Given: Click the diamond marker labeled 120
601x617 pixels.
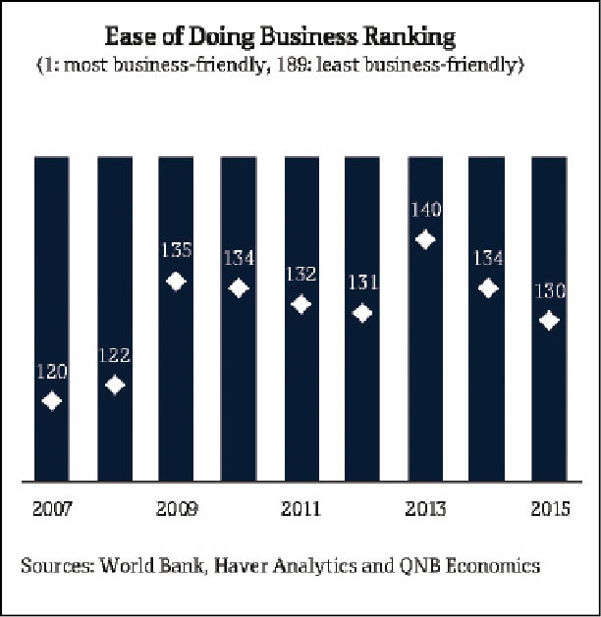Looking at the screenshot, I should [x=53, y=400].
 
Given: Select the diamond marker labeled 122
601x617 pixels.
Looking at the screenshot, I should [x=115, y=385].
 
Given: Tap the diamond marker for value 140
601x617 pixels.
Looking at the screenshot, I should [x=424, y=238].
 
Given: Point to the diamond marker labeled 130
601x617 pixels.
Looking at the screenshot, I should [x=549, y=321].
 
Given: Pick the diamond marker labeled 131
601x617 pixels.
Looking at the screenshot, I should [x=362, y=313].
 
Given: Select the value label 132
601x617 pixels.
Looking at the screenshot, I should [x=300, y=274].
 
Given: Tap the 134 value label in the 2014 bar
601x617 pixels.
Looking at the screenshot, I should [x=487, y=259].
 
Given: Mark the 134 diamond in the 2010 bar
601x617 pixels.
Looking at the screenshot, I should [x=239, y=288].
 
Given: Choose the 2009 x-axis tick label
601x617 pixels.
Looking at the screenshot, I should [x=176, y=509].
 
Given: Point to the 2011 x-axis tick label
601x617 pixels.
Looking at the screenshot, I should [x=300, y=509].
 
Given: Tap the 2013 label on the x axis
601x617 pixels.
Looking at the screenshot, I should [x=424, y=509].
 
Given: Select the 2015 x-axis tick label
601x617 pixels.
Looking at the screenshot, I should [x=548, y=509].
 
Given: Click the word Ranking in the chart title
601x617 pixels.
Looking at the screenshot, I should [x=417, y=38].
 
